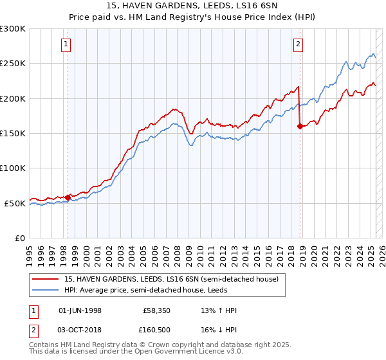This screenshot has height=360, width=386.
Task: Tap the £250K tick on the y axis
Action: pos(12,64)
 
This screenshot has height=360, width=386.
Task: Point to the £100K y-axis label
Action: pos(12,168)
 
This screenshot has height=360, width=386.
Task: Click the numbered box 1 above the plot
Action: pos(67,44)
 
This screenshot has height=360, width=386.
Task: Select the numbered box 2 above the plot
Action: pos(299,44)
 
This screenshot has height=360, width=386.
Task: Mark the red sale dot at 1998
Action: pos(68,197)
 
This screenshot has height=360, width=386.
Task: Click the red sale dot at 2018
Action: pos(300,127)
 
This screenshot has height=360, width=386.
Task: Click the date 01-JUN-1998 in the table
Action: pos(80,310)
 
